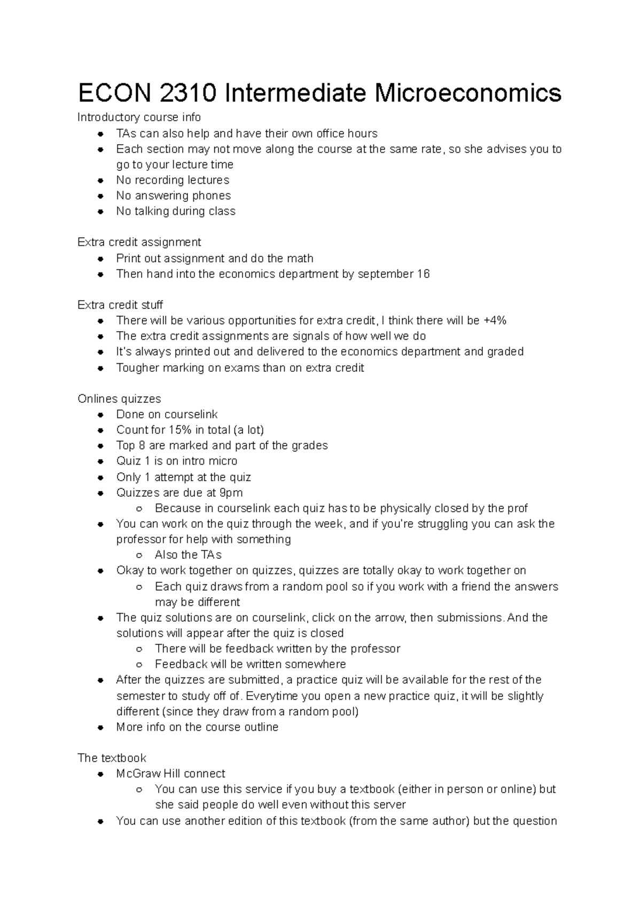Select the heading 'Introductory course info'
(x=139, y=117)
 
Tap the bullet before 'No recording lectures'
(x=100, y=181)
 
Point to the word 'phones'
(x=211, y=196)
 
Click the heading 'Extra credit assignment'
(x=139, y=242)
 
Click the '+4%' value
(x=495, y=320)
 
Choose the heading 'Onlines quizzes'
(x=119, y=399)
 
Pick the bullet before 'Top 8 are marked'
(x=100, y=445)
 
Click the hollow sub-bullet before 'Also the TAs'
(x=139, y=555)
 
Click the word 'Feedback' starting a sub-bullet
(x=181, y=664)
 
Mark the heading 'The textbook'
(x=112, y=758)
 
